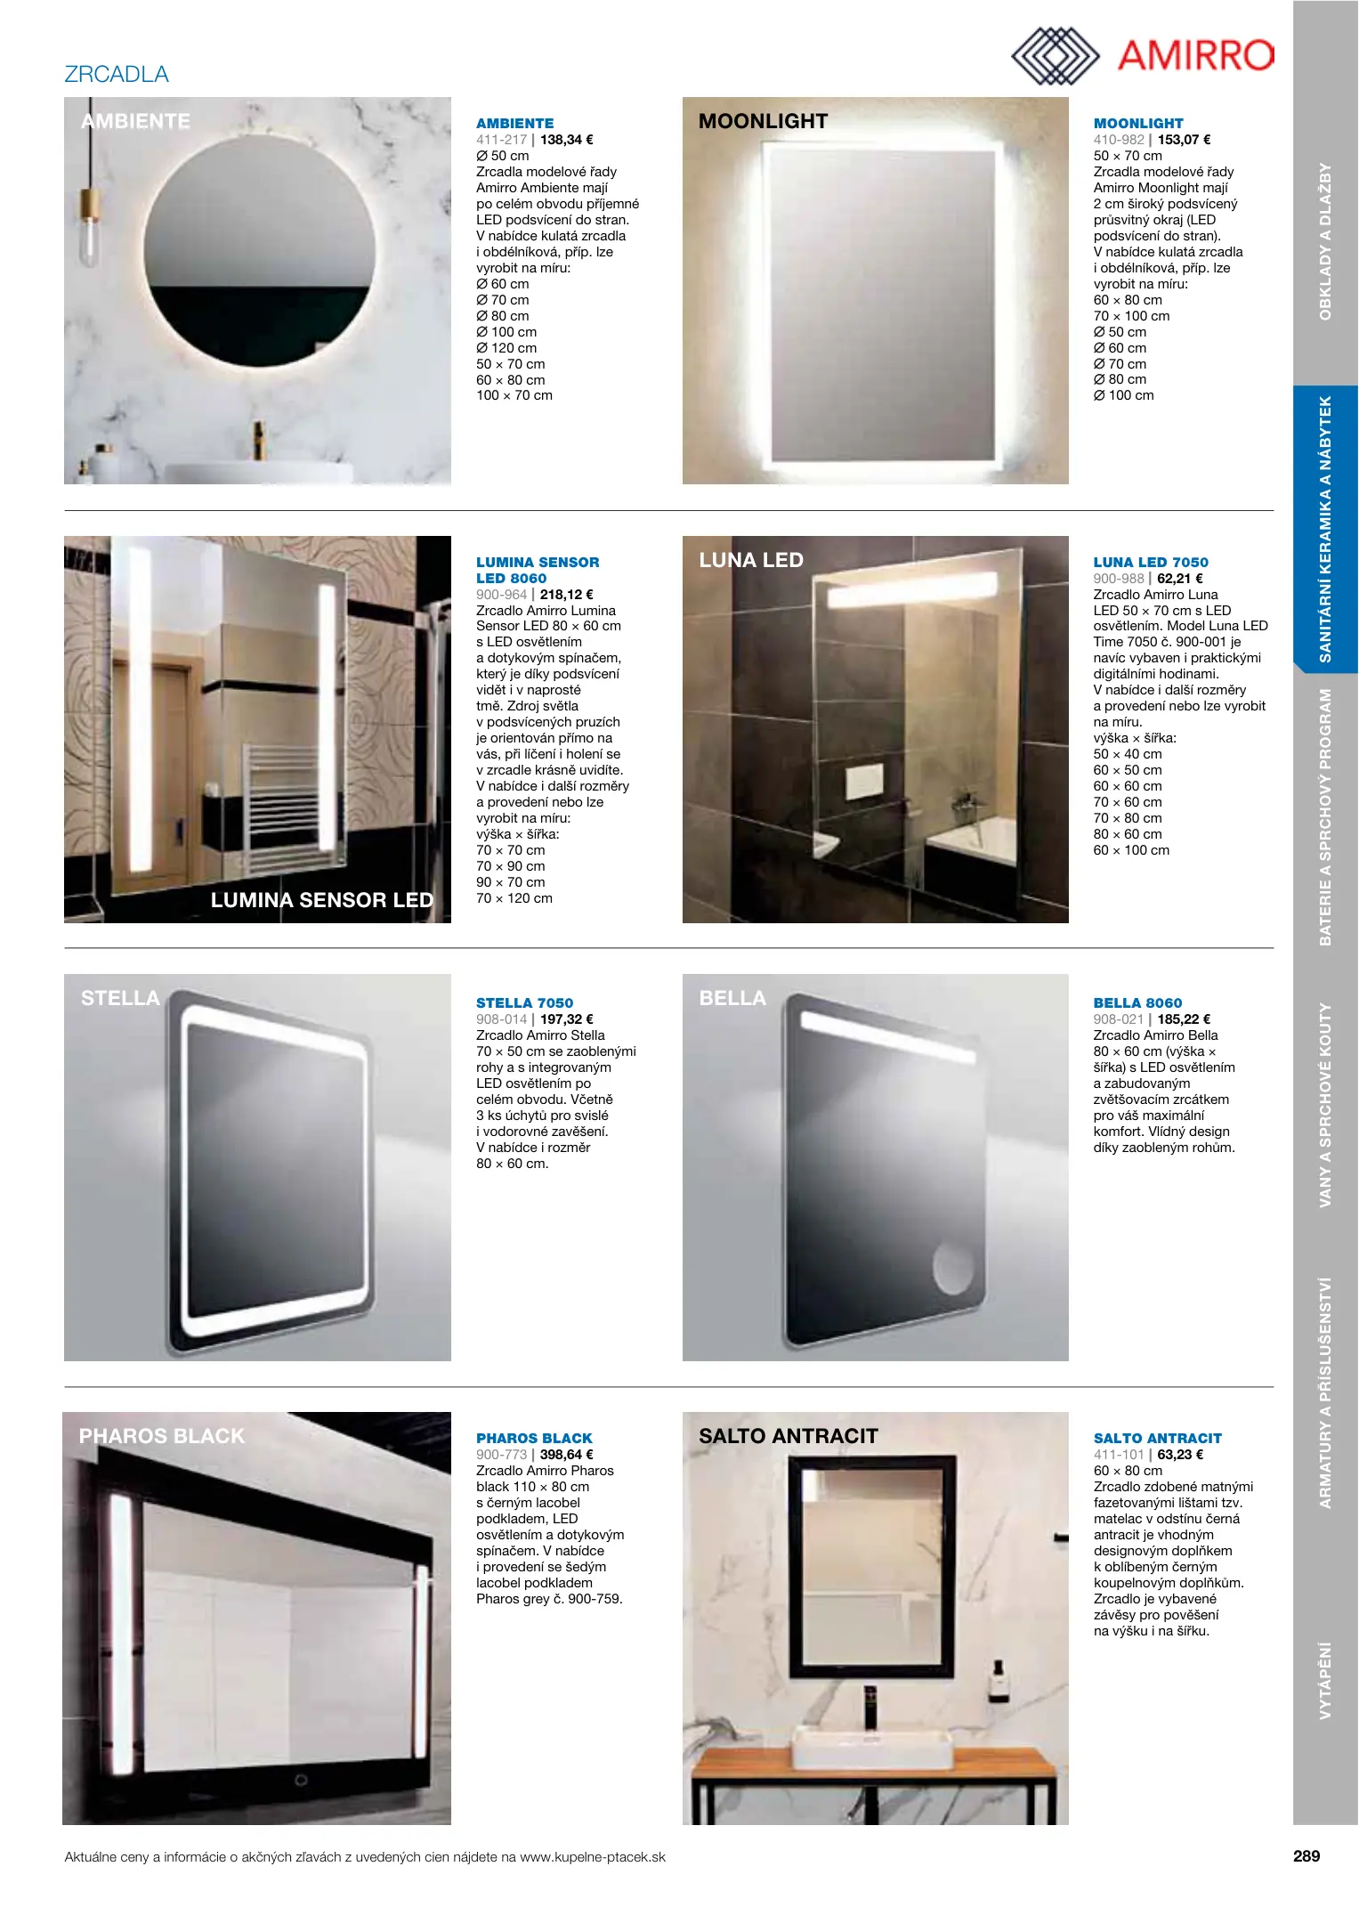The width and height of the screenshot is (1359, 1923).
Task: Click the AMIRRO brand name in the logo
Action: pyautogui.click(x=1194, y=55)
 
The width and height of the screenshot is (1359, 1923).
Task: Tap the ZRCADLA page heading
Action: pyautogui.click(x=117, y=74)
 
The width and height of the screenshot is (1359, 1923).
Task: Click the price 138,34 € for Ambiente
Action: pyautogui.click(x=567, y=140)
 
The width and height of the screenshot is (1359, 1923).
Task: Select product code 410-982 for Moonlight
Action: pyautogui.click(x=1119, y=140)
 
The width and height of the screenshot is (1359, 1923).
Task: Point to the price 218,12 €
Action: pyautogui.click(x=567, y=595)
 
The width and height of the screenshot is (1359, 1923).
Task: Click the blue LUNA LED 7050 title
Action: pyautogui.click(x=1151, y=563)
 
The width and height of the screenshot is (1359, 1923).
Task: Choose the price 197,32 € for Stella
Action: pyautogui.click(x=567, y=1019)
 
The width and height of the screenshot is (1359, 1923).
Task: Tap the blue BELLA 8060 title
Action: pyautogui.click(x=1137, y=1003)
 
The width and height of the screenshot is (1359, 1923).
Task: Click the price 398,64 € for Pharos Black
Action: pyautogui.click(x=567, y=1455)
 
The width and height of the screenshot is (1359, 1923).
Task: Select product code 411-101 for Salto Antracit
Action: pyautogui.click(x=1119, y=1455)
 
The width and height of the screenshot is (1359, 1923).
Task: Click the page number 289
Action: pyautogui.click(x=1306, y=1856)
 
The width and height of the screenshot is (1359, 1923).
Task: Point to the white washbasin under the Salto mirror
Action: pyautogui.click(x=872, y=1750)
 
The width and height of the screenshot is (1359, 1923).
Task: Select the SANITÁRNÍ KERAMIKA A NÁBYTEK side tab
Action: pyautogui.click(x=1325, y=530)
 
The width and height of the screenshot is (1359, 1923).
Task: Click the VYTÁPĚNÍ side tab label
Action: pyautogui.click(x=1325, y=1680)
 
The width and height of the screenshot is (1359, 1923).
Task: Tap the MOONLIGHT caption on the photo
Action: pyautogui.click(x=763, y=121)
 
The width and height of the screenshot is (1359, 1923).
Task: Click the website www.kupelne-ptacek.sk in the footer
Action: pyautogui.click(x=593, y=1857)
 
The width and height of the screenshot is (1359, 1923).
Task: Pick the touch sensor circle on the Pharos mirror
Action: pyautogui.click(x=301, y=1780)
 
